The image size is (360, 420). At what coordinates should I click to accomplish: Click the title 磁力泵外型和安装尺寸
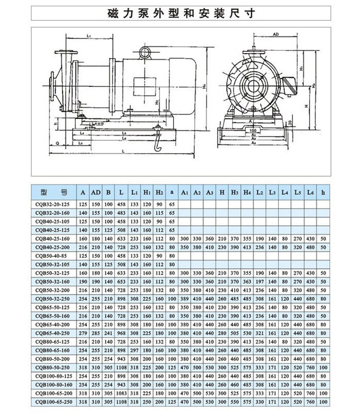point(180,12)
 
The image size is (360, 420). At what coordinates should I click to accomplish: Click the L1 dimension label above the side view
point(90,35)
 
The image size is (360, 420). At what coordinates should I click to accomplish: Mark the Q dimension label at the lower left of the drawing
point(57,143)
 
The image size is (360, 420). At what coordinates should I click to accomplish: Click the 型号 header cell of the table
point(54,192)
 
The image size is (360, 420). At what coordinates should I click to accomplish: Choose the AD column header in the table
point(96,192)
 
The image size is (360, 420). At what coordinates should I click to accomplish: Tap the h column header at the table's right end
point(323,192)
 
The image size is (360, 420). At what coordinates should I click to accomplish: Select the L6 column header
point(310,192)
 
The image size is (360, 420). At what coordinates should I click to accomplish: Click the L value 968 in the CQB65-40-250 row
point(121,333)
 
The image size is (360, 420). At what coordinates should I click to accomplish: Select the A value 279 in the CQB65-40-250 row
point(83,333)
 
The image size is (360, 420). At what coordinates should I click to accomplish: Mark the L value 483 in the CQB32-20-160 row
point(121,212)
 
